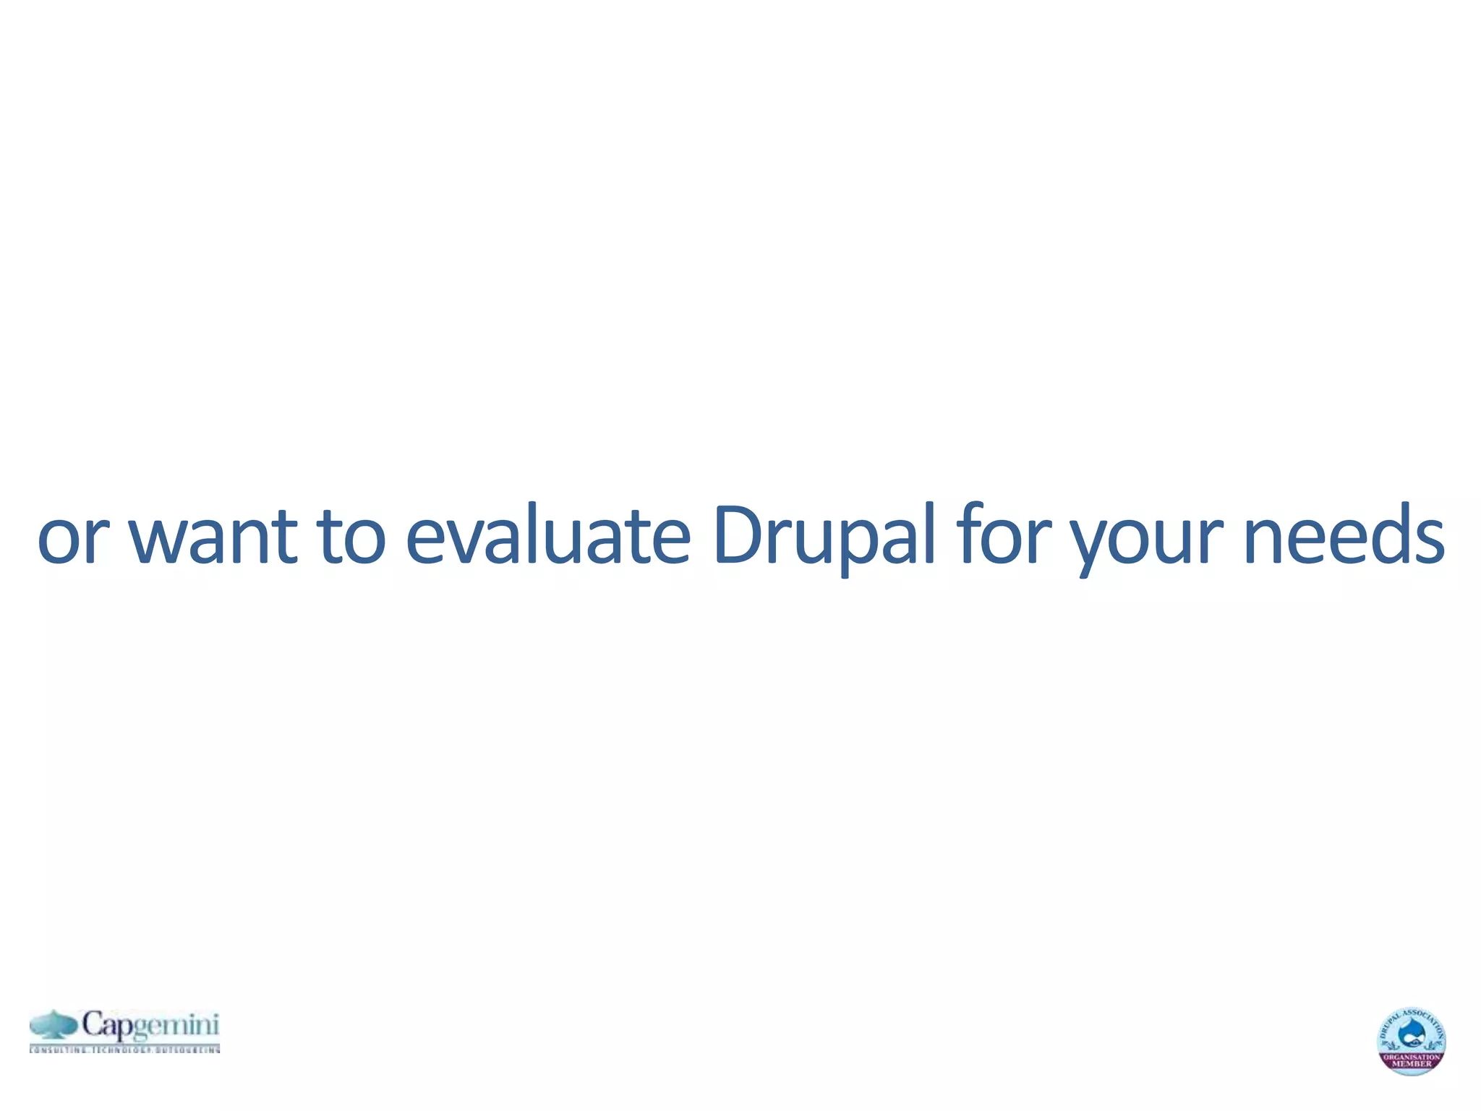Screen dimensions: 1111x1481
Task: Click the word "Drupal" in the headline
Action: [x=823, y=537]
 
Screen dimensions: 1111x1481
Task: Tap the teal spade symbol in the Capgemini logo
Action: [x=54, y=1025]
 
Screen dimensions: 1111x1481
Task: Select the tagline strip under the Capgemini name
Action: [x=124, y=1049]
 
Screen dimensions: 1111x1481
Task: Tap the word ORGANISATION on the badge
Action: [x=1412, y=1057]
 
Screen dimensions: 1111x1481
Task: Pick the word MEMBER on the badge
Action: [x=1412, y=1064]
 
